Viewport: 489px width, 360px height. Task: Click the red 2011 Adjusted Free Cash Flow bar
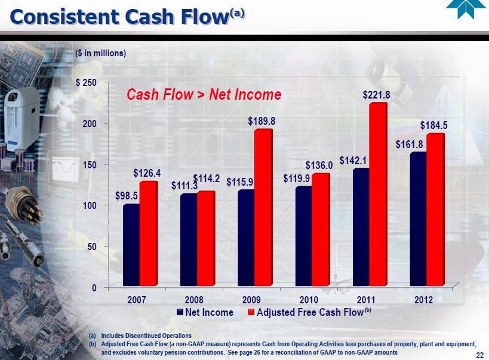point(378,194)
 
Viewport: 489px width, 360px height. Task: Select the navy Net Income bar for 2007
point(131,244)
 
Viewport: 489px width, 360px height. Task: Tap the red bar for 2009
point(263,207)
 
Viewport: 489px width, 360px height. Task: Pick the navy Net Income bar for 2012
point(418,219)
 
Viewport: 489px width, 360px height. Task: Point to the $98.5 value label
point(127,195)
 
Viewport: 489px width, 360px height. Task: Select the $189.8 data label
point(262,121)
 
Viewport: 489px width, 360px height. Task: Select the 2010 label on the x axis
point(309,298)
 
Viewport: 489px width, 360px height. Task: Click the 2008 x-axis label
point(194,298)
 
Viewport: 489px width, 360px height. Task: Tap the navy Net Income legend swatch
point(180,312)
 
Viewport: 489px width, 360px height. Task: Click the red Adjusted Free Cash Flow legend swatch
point(251,312)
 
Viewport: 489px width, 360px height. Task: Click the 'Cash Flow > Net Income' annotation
point(204,94)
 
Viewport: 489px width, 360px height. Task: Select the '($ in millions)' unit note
point(101,53)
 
